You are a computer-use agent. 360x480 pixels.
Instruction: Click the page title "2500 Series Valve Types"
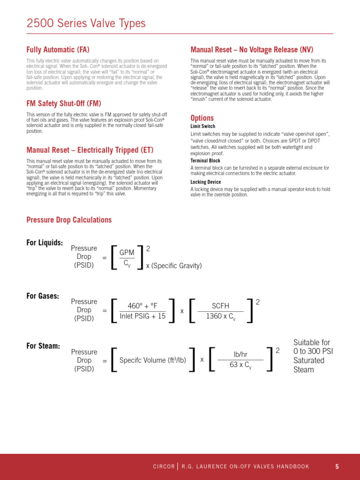click(x=86, y=23)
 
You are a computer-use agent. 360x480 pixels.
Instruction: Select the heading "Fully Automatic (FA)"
click(x=58, y=50)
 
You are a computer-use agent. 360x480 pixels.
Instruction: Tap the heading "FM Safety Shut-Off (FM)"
click(x=64, y=104)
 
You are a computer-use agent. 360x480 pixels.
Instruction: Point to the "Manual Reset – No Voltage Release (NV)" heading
click(x=252, y=50)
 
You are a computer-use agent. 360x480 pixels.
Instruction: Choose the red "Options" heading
click(x=202, y=118)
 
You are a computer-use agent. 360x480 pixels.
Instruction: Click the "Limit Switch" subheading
click(x=203, y=127)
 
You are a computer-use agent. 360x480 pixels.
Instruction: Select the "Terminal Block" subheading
click(x=205, y=161)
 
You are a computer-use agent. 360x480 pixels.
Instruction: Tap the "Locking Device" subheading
click(x=206, y=182)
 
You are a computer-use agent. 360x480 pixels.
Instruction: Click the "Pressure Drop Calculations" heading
click(x=69, y=220)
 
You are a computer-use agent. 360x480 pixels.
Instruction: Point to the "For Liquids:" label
click(x=45, y=243)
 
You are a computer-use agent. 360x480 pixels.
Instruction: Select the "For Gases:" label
click(x=43, y=296)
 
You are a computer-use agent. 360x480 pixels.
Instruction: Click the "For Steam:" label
click(x=43, y=346)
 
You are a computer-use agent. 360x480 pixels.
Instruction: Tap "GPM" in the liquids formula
click(x=127, y=253)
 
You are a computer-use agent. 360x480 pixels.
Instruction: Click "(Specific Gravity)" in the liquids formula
click(x=177, y=266)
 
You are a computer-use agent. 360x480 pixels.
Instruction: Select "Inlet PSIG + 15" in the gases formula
click(x=143, y=316)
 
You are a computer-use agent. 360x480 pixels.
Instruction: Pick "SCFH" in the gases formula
click(x=221, y=306)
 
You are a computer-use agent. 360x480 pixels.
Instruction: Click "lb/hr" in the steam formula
click(x=240, y=355)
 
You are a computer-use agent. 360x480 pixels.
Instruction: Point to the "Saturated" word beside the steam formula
click(x=308, y=360)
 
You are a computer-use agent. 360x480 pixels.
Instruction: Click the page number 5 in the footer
click(x=337, y=466)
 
